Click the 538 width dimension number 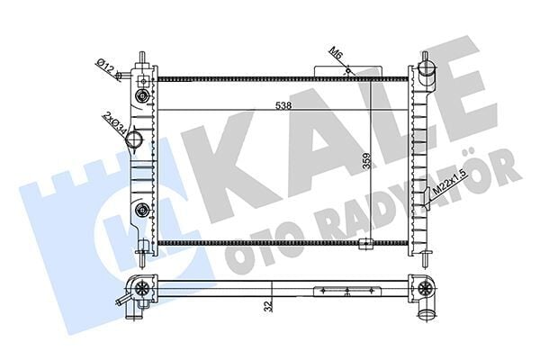pos(283,105)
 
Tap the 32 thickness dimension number pos(267,307)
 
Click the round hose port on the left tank pos(136,139)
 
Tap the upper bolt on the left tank pos(141,97)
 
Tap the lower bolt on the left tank pos(141,211)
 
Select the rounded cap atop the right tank pos(426,65)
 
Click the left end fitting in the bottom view pos(141,290)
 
